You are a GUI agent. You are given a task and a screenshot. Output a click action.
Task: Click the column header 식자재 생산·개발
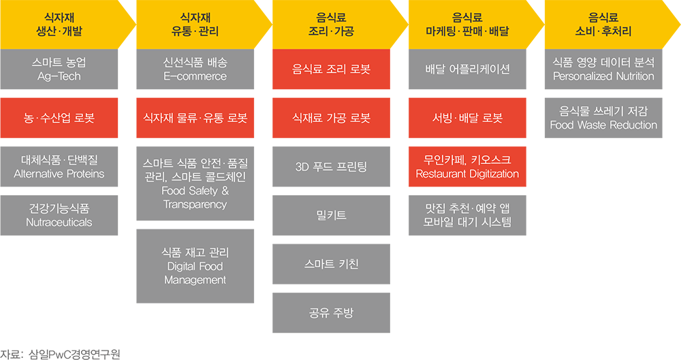click(59, 24)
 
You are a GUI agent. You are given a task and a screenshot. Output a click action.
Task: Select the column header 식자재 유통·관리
click(195, 24)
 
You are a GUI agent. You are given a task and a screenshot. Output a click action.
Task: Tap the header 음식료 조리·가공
click(331, 24)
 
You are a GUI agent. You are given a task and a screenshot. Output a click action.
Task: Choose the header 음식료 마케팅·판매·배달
click(467, 24)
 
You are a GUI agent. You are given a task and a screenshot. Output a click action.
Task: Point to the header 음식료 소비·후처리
click(603, 24)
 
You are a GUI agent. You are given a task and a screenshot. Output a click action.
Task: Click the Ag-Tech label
click(59, 76)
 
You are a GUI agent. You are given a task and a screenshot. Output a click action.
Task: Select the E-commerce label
click(195, 76)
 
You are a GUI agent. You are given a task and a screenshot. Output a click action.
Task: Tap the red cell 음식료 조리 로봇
click(331, 69)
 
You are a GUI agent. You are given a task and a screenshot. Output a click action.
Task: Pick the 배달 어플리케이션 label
click(467, 69)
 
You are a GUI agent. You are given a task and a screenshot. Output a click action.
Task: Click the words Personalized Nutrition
click(603, 76)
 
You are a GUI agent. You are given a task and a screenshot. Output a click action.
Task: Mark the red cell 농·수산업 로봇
click(59, 118)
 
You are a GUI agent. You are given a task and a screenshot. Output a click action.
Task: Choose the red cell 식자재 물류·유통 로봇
click(195, 118)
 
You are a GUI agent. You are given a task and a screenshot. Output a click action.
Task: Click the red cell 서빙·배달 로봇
click(467, 118)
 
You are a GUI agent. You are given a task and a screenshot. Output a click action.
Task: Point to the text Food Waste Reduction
click(603, 125)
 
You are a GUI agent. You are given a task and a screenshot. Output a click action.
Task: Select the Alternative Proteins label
click(59, 174)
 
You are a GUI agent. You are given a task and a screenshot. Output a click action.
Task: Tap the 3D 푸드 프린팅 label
click(331, 167)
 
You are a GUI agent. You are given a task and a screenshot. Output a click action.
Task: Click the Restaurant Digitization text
click(467, 174)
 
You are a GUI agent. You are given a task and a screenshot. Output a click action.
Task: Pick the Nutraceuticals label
click(59, 223)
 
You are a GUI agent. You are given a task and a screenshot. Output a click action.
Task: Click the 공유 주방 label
click(331, 313)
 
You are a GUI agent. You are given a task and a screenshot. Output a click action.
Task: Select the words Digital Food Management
click(195, 273)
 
